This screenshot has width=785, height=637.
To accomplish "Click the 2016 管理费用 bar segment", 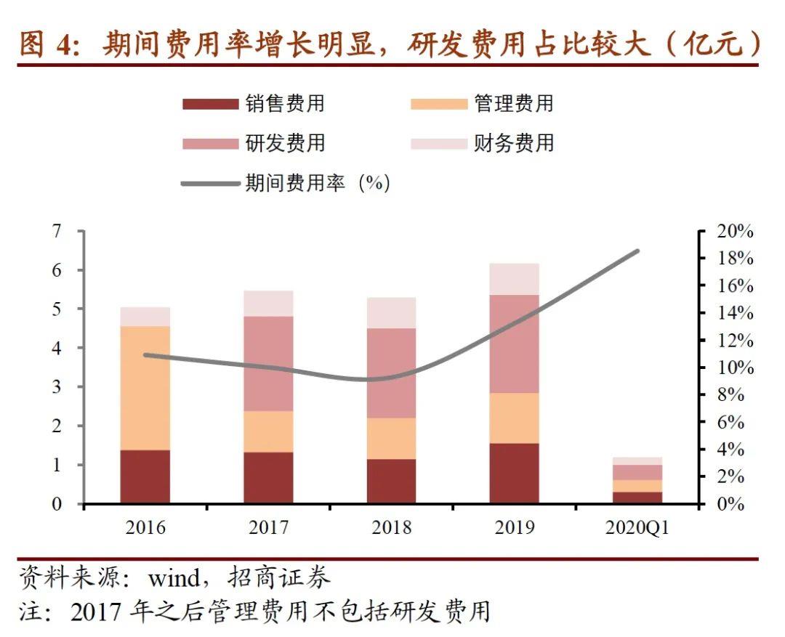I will click(145, 387).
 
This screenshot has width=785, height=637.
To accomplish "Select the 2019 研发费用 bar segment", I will click(514, 343).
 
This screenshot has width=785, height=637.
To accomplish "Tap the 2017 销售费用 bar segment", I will click(268, 477).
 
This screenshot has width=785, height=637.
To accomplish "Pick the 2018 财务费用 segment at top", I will click(391, 312).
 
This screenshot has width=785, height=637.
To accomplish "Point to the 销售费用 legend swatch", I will click(210, 104).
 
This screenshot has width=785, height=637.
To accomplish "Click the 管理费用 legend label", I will click(513, 103).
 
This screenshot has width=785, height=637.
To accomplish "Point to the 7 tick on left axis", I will click(58, 232).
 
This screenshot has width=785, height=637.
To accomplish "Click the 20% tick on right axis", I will click(734, 232).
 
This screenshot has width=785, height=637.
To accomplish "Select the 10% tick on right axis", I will click(734, 368).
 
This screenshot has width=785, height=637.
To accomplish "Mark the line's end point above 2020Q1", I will click(637, 251).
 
